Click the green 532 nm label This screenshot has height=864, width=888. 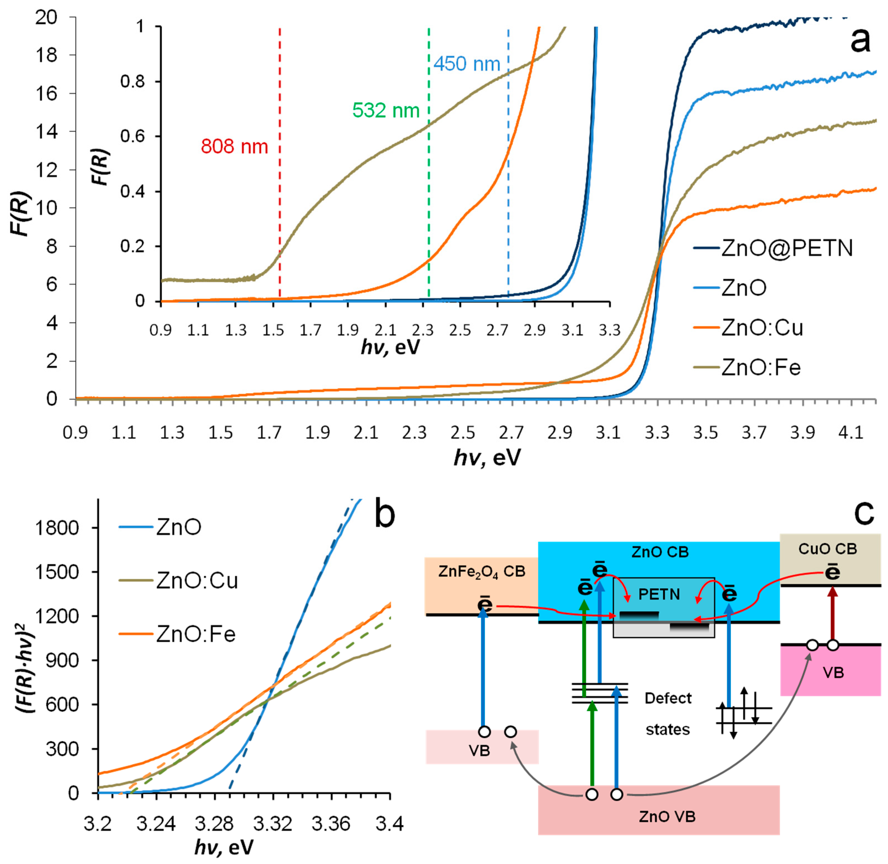click(386, 110)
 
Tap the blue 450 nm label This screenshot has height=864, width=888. click(466, 64)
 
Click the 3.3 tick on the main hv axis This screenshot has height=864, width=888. click(656, 433)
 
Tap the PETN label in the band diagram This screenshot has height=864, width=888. click(659, 594)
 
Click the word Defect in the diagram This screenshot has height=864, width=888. click(668, 698)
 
